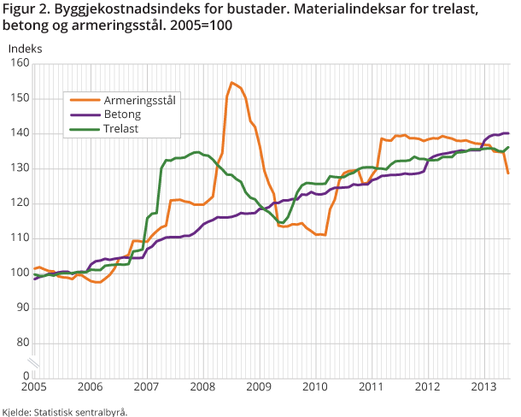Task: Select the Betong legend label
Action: [x=123, y=114]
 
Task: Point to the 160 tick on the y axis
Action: [x=20, y=63]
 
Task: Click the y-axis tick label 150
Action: [x=20, y=98]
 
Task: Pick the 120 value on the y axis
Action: [x=20, y=203]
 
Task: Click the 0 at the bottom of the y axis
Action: [x=26, y=375]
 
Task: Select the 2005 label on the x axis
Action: [x=33, y=387]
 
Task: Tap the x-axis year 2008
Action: [x=202, y=387]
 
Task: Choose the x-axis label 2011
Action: [x=371, y=387]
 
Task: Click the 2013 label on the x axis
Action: [x=483, y=387]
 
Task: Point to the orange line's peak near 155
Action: [x=231, y=83]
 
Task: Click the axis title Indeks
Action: [x=25, y=48]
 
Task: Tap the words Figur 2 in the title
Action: [x=27, y=9]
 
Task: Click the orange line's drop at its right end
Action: [x=508, y=173]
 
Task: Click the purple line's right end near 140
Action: [x=508, y=133]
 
